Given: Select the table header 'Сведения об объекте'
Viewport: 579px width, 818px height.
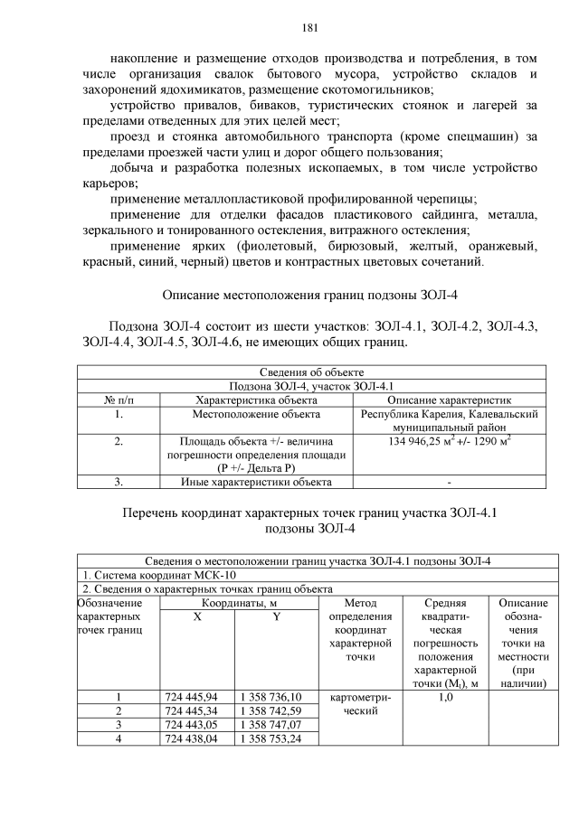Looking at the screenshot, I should click(311, 372).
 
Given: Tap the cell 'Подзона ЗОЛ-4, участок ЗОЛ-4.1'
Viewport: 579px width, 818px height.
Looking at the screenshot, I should click(311, 386).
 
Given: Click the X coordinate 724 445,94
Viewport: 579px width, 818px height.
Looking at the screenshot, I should click(193, 697).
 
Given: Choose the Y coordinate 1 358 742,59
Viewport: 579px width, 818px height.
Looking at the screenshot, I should click(271, 710).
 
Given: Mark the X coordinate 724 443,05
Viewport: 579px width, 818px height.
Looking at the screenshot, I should click(193, 724).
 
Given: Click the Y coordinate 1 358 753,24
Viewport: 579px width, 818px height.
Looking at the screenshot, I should click(271, 738).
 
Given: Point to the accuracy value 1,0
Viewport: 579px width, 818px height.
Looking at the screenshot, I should click(445, 697).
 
